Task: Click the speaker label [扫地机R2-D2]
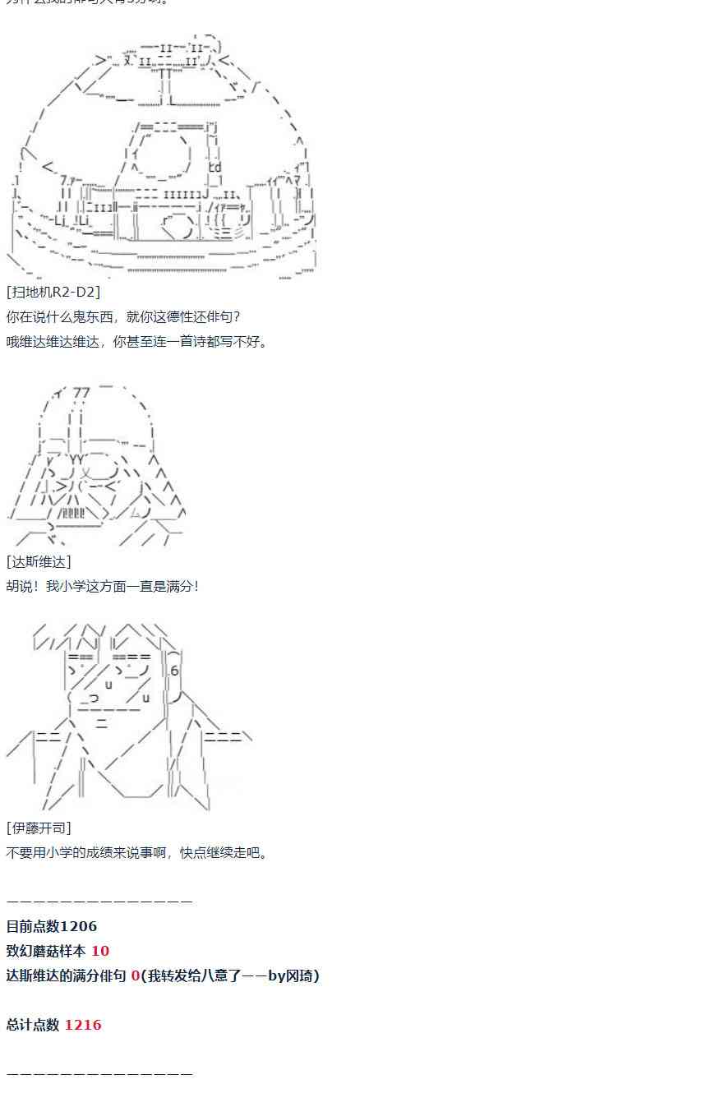pos(53,293)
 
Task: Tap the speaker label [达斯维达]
pos(39,561)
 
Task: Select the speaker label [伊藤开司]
pos(39,828)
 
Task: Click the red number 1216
pos(83,1025)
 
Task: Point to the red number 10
pos(100,951)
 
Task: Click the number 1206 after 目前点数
pos(79,926)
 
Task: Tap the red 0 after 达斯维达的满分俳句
pos(136,975)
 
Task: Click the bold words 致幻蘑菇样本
pos(46,951)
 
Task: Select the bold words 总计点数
pos(33,1025)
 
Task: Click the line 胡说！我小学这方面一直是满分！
pos(103,586)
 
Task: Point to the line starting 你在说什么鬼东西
pos(123,317)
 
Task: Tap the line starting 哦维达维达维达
pos(137,342)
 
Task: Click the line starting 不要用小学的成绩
pos(137,852)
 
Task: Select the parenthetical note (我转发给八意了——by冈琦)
pos(230,975)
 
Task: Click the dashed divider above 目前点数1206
pos(99,902)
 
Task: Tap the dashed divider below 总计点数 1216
pos(99,1073)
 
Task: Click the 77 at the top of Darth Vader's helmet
pos(81,392)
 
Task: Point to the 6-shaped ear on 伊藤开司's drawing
pos(174,671)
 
